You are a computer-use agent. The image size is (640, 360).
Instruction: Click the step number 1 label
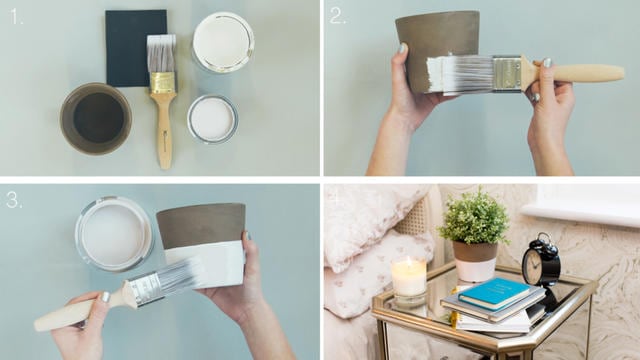[16, 17]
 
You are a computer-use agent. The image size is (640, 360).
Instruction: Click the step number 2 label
[338, 16]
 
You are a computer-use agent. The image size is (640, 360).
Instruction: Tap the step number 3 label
[14, 200]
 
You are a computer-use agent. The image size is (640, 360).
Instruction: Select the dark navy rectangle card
[136, 48]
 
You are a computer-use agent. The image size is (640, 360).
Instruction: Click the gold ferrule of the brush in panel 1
[163, 83]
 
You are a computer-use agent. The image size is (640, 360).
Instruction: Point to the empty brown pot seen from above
[96, 118]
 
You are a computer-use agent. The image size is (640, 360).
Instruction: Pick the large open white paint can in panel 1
[223, 42]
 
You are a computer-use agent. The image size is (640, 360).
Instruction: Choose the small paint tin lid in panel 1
[212, 119]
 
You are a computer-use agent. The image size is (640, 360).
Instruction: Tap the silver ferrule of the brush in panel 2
[507, 73]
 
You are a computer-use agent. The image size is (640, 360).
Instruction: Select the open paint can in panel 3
[114, 234]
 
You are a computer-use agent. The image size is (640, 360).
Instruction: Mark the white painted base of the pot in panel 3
[205, 264]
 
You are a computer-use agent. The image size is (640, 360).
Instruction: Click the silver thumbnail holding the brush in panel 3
[105, 297]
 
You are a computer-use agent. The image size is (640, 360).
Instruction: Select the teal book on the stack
[494, 293]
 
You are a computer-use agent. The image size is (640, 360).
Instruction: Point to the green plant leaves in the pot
[474, 217]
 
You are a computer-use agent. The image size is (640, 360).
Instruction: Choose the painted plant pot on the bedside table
[476, 261]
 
